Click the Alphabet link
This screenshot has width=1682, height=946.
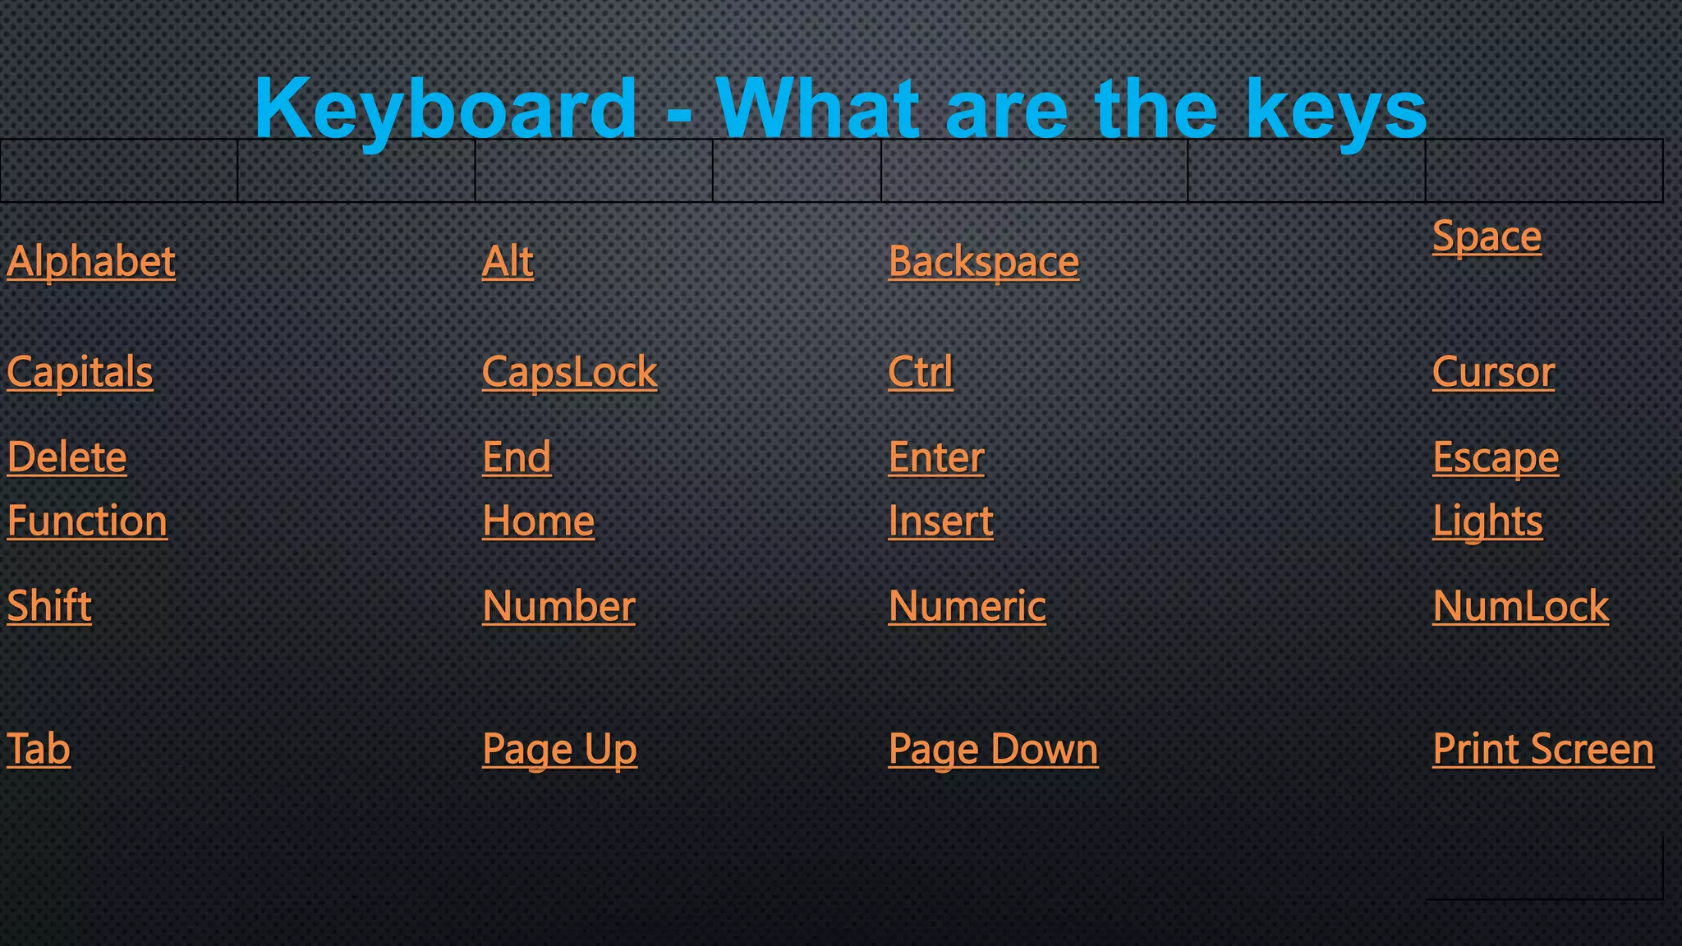[91, 262]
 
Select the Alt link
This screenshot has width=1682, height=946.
[508, 262]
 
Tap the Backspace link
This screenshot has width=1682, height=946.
[983, 262]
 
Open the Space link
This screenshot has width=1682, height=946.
[1487, 236]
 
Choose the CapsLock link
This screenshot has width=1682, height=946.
[569, 372]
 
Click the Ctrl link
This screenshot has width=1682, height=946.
[920, 372]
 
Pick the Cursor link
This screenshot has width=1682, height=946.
[1493, 372]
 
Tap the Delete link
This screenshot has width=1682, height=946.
[67, 457]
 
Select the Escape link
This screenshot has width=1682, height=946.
[1495, 457]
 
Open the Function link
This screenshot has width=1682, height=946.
[87, 521]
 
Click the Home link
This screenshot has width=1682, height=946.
[538, 521]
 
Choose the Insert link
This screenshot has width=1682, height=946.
[940, 521]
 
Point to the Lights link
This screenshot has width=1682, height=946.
[1487, 521]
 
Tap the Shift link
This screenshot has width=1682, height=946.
[49, 606]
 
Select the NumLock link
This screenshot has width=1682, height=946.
[1520, 606]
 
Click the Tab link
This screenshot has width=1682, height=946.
[39, 749]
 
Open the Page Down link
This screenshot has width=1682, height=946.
[993, 749]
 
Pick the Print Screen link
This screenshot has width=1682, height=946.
[1543, 749]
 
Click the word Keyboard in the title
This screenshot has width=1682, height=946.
[445, 108]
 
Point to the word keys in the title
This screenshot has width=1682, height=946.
[1335, 110]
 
